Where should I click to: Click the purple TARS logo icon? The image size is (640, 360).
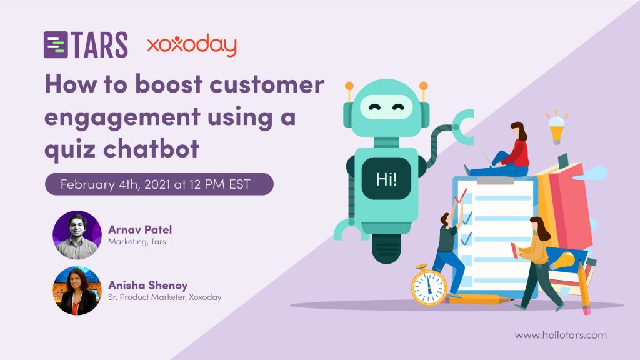(56, 44)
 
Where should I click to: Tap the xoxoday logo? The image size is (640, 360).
(192, 45)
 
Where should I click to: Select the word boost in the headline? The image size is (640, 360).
(169, 84)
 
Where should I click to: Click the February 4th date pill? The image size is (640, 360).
(159, 184)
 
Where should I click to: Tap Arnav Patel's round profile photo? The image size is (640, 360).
(77, 235)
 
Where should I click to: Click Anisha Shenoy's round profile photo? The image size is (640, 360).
(77, 291)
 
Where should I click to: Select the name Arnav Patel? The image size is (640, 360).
(140, 229)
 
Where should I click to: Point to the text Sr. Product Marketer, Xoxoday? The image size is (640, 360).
(164, 297)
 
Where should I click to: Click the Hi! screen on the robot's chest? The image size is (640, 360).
(386, 179)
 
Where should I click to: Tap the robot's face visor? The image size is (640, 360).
(386, 107)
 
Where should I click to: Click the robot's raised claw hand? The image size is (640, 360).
(464, 126)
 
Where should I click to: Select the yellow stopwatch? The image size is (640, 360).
(428, 285)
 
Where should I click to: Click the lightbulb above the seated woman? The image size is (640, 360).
(556, 127)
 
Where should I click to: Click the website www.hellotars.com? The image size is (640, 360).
(561, 336)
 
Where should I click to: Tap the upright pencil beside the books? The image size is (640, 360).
(584, 287)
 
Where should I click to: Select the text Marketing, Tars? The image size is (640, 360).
(137, 242)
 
